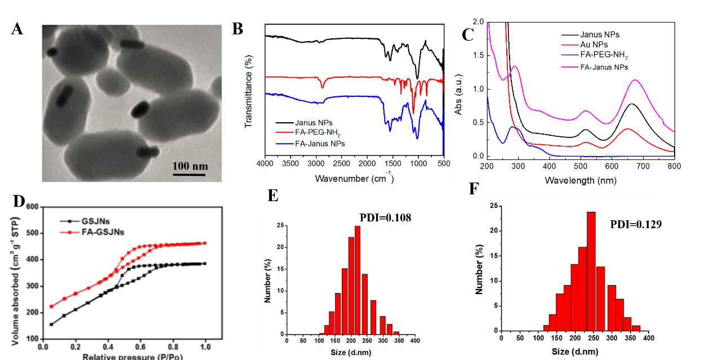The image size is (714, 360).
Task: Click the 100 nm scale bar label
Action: pos(190,166)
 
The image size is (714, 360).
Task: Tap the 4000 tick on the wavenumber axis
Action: pos(265,163)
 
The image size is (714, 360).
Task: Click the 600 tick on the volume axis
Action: pos(32,207)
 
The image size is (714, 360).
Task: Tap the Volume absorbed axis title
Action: pos(16,276)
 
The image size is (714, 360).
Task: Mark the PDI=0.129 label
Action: pos(633,224)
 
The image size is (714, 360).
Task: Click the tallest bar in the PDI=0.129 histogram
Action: pos(591,271)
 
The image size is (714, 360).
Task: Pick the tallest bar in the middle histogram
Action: pos(358,279)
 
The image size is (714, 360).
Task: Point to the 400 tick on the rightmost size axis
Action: pos(649,339)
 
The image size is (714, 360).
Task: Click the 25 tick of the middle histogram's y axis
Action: pos(280,226)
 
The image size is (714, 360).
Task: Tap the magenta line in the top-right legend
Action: pos(570,66)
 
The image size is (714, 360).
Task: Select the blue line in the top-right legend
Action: pos(570,55)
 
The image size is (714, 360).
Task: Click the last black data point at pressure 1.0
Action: pos(205,263)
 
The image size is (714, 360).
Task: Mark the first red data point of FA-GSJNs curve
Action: pos(51,306)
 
